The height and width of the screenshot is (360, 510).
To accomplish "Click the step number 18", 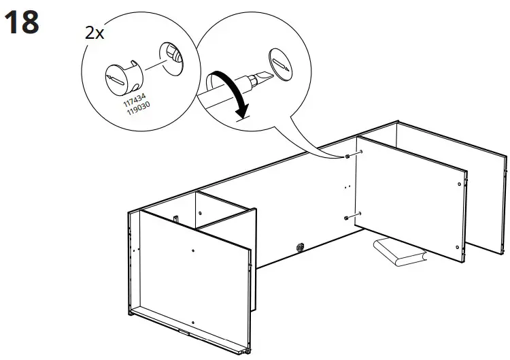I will [x=22, y=22].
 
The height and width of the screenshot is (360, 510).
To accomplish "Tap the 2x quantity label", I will [x=95, y=33].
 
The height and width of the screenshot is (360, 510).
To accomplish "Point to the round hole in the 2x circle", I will [x=171, y=56].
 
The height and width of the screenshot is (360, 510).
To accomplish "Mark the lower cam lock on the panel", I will [x=347, y=218].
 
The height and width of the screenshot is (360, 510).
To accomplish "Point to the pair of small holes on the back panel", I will [x=346, y=186].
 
